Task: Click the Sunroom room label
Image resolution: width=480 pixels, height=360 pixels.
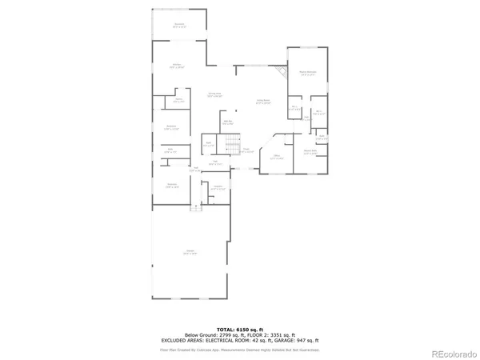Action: (x=179, y=25)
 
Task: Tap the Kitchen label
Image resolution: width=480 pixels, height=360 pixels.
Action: (x=177, y=66)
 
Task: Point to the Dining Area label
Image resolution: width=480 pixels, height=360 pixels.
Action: (x=214, y=95)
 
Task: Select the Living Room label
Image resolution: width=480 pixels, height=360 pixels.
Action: (x=263, y=102)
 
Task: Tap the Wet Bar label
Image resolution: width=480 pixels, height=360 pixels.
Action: (x=227, y=122)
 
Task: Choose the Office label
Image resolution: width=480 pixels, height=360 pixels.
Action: (x=276, y=158)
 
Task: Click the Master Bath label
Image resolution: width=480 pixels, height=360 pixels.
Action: (x=310, y=151)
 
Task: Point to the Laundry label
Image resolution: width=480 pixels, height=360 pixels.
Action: (x=217, y=189)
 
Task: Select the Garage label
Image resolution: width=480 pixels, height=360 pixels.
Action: (x=190, y=252)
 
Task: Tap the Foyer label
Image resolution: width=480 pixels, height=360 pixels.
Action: (x=247, y=150)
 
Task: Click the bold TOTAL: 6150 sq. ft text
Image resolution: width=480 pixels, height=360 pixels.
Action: (x=240, y=328)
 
